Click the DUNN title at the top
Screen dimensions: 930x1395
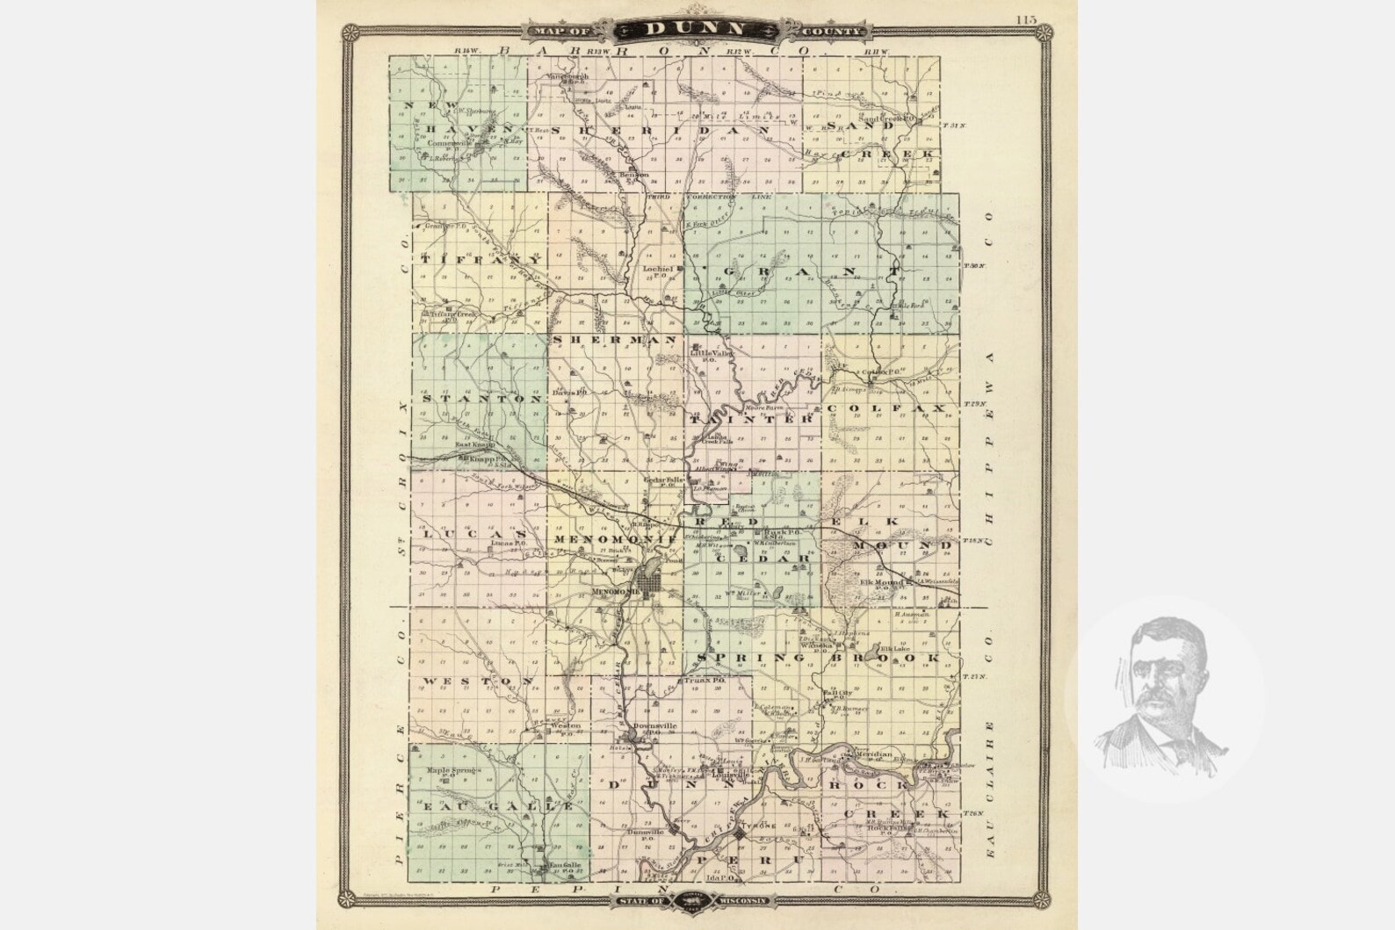click(696, 29)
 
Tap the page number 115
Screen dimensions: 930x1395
click(1025, 19)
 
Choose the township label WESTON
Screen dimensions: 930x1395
click(478, 681)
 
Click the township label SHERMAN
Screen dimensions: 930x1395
click(614, 339)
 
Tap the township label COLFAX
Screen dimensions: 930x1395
click(885, 409)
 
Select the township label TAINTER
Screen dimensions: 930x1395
click(754, 420)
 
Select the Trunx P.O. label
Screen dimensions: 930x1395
click(706, 681)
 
